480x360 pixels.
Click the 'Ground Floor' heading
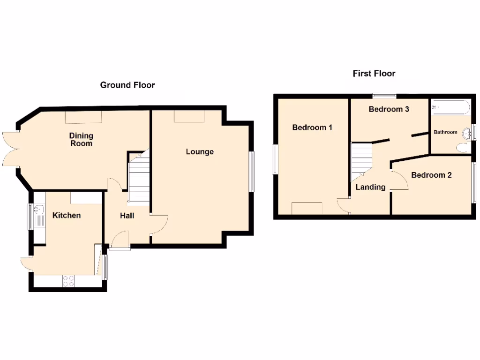tap(127, 85)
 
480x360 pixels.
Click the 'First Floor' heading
tap(374, 74)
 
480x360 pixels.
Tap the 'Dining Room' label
tap(81, 139)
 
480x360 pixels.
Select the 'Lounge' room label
tap(199, 151)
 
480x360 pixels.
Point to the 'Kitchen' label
tap(66, 215)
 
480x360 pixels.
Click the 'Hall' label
tap(127, 216)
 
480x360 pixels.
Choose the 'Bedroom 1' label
tap(312, 127)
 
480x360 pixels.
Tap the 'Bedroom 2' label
tap(431, 175)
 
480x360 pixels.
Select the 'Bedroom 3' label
tap(389, 109)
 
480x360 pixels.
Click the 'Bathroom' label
tap(445, 132)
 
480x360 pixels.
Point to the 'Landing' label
tap(370, 187)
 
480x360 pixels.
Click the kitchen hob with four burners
tap(68, 281)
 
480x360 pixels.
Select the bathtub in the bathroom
tap(450, 107)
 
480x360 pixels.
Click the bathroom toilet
tap(462, 148)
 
